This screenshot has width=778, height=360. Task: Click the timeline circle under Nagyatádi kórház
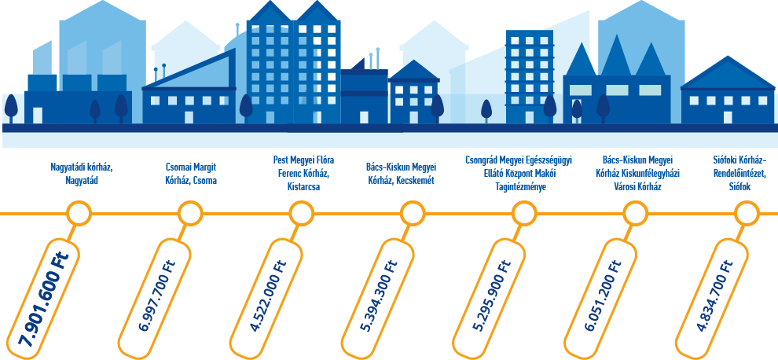click(x=79, y=213)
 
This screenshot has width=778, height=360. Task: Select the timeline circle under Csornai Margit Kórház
click(x=190, y=213)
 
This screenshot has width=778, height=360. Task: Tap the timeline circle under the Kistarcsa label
click(x=301, y=213)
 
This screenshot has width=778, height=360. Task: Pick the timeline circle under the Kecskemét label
click(x=412, y=213)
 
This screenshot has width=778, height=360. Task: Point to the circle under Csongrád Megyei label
click(x=523, y=213)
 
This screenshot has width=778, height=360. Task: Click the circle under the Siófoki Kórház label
click(x=745, y=213)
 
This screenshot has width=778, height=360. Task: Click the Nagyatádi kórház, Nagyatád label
click(x=81, y=174)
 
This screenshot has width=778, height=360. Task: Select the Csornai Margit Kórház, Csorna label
click(x=190, y=174)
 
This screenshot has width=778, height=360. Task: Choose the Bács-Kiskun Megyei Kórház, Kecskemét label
click(x=401, y=174)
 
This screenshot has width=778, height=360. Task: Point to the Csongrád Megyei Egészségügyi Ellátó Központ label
click(x=518, y=173)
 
